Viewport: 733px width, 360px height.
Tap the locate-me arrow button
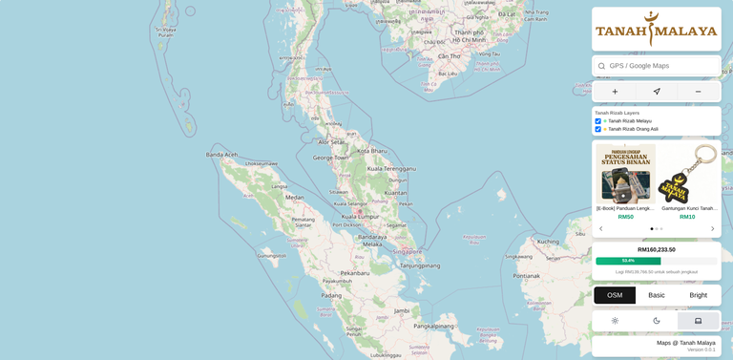pos(657,92)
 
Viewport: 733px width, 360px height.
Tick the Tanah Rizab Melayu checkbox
pos(598,121)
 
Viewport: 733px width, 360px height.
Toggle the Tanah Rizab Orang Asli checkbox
pos(598,129)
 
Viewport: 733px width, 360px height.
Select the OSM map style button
pos(615,295)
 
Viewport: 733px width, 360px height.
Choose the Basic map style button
pos(657,295)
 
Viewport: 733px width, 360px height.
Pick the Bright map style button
pos(699,295)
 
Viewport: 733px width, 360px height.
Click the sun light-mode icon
pos(615,321)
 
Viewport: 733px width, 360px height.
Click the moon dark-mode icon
pos(657,321)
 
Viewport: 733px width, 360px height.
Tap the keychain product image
pos(689,173)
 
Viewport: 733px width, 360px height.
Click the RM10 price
pos(687,217)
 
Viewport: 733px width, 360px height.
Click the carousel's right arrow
pos(712,229)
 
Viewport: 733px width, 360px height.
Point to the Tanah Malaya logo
pos(656,30)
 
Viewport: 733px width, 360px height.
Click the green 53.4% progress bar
pos(628,261)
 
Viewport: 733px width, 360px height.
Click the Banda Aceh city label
pos(221,155)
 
